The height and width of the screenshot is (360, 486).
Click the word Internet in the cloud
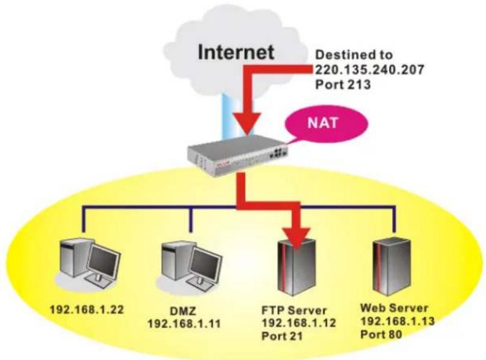click(236, 52)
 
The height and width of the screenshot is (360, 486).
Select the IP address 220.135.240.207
click(369, 70)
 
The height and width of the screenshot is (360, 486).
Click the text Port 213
click(343, 84)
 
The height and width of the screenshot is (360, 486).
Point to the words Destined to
click(354, 55)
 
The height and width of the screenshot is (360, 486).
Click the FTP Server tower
click(297, 267)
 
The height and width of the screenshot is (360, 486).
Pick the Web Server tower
click(393, 267)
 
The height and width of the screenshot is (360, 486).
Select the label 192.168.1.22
click(87, 309)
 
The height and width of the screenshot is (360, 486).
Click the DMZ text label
click(183, 311)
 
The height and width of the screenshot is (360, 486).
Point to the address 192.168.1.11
click(184, 324)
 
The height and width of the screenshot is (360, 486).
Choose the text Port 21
click(282, 336)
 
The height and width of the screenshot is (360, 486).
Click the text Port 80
click(381, 335)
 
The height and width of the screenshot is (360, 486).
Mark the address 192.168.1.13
click(397, 321)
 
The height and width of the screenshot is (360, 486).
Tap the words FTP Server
click(294, 310)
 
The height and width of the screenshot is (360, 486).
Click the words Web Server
click(394, 308)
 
